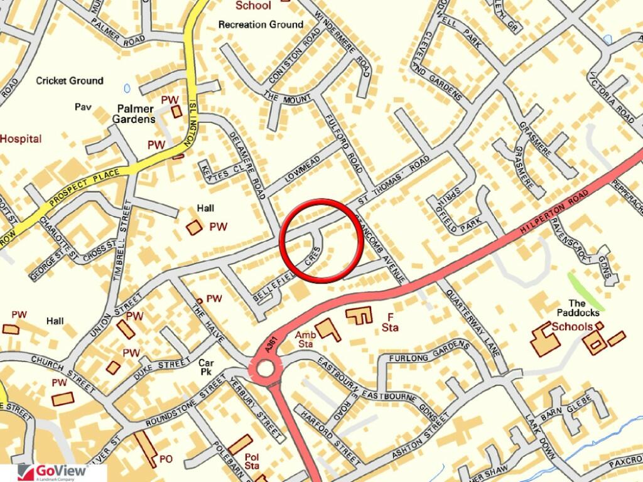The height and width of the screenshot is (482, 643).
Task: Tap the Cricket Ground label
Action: (69, 81)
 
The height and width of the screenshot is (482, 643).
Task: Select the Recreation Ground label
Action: (261, 24)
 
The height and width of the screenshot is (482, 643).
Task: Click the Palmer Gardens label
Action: (134, 114)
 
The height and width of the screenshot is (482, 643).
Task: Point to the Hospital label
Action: (21, 139)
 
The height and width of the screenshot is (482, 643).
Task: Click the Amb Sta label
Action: (305, 340)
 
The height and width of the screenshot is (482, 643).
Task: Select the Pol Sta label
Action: (252, 461)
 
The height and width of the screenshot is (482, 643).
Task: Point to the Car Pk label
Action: (206, 367)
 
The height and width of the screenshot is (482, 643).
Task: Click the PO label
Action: (166, 459)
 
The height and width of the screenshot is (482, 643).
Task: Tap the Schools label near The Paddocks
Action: (571, 326)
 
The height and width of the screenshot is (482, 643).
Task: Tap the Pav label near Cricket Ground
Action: (83, 107)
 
